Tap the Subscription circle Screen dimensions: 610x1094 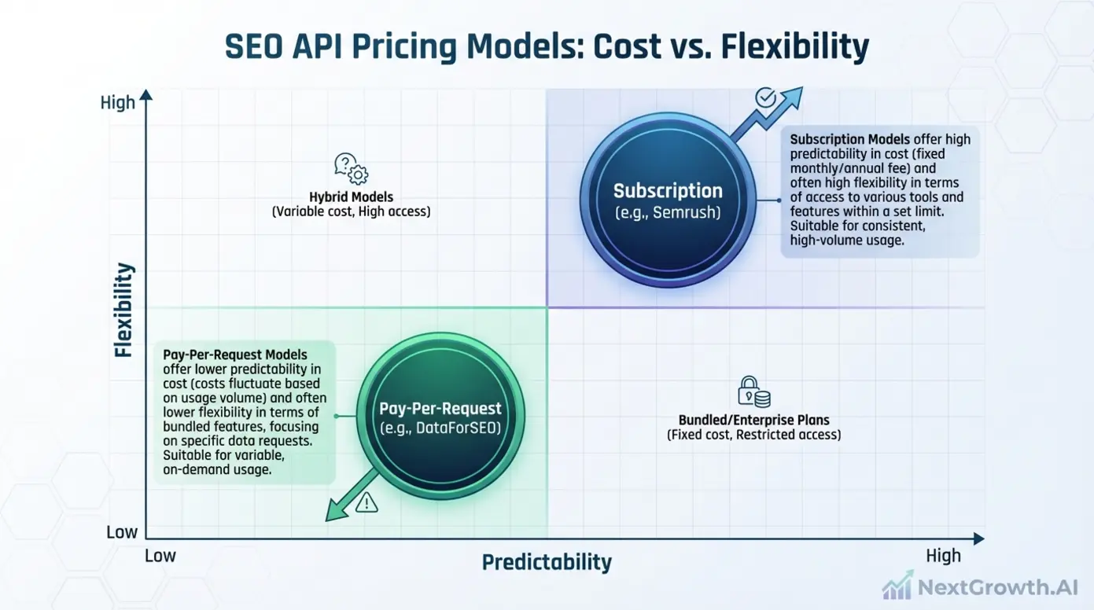(667, 200)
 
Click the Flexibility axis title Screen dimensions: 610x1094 (124, 311)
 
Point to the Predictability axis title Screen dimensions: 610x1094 (546, 563)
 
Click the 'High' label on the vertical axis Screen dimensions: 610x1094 (118, 103)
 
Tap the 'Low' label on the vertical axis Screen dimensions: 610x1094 (122, 532)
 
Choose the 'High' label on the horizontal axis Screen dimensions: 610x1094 (943, 556)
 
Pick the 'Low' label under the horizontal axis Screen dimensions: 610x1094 (160, 556)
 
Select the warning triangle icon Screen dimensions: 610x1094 (367, 503)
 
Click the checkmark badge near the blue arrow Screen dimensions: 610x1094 (765, 97)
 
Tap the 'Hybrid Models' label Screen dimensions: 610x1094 (351, 197)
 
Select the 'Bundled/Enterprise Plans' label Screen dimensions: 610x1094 (753, 420)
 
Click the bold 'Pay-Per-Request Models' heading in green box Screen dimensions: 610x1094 (234, 354)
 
